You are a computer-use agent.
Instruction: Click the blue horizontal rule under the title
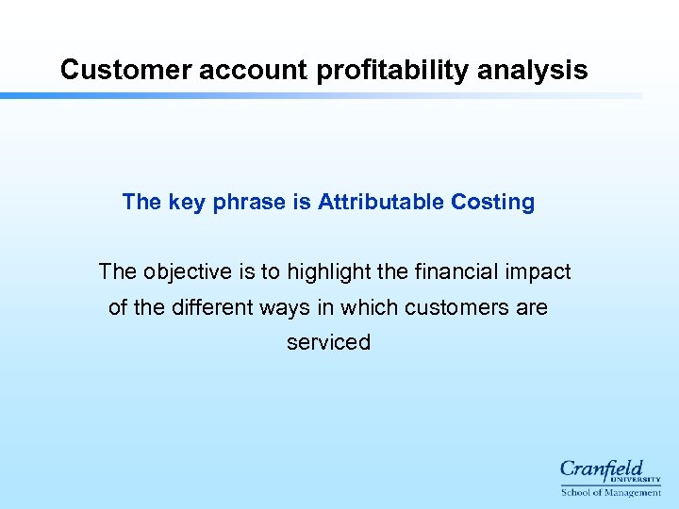tap(321, 95)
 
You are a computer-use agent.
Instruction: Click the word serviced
tap(328, 342)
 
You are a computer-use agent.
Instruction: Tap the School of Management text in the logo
tap(610, 492)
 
